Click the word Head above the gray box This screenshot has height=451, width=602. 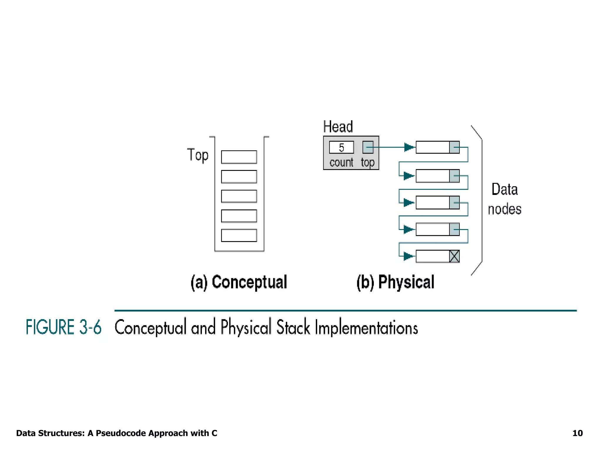click(x=338, y=127)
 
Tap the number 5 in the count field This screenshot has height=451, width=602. click(x=341, y=147)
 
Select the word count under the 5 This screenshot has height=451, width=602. click(x=341, y=162)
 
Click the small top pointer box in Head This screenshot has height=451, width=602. click(x=368, y=147)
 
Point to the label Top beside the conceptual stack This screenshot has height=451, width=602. click(x=198, y=155)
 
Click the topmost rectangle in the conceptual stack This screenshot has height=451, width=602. click(x=239, y=157)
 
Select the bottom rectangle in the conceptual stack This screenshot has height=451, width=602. click(x=239, y=235)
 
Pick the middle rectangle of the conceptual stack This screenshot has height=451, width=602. click(x=239, y=196)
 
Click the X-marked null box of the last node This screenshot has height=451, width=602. click(x=454, y=256)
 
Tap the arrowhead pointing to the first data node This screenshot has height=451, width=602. click(x=409, y=147)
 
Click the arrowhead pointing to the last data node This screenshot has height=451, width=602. click(x=408, y=256)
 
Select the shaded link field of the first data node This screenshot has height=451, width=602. click(x=454, y=147)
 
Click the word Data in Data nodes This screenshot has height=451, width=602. click(x=504, y=189)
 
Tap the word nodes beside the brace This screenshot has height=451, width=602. click(x=504, y=209)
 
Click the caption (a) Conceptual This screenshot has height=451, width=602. click(x=239, y=282)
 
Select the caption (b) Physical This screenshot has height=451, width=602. click(x=395, y=282)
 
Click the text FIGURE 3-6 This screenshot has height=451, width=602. click(x=63, y=327)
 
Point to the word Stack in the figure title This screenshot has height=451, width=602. click(x=293, y=327)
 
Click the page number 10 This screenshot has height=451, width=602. click(x=577, y=433)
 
